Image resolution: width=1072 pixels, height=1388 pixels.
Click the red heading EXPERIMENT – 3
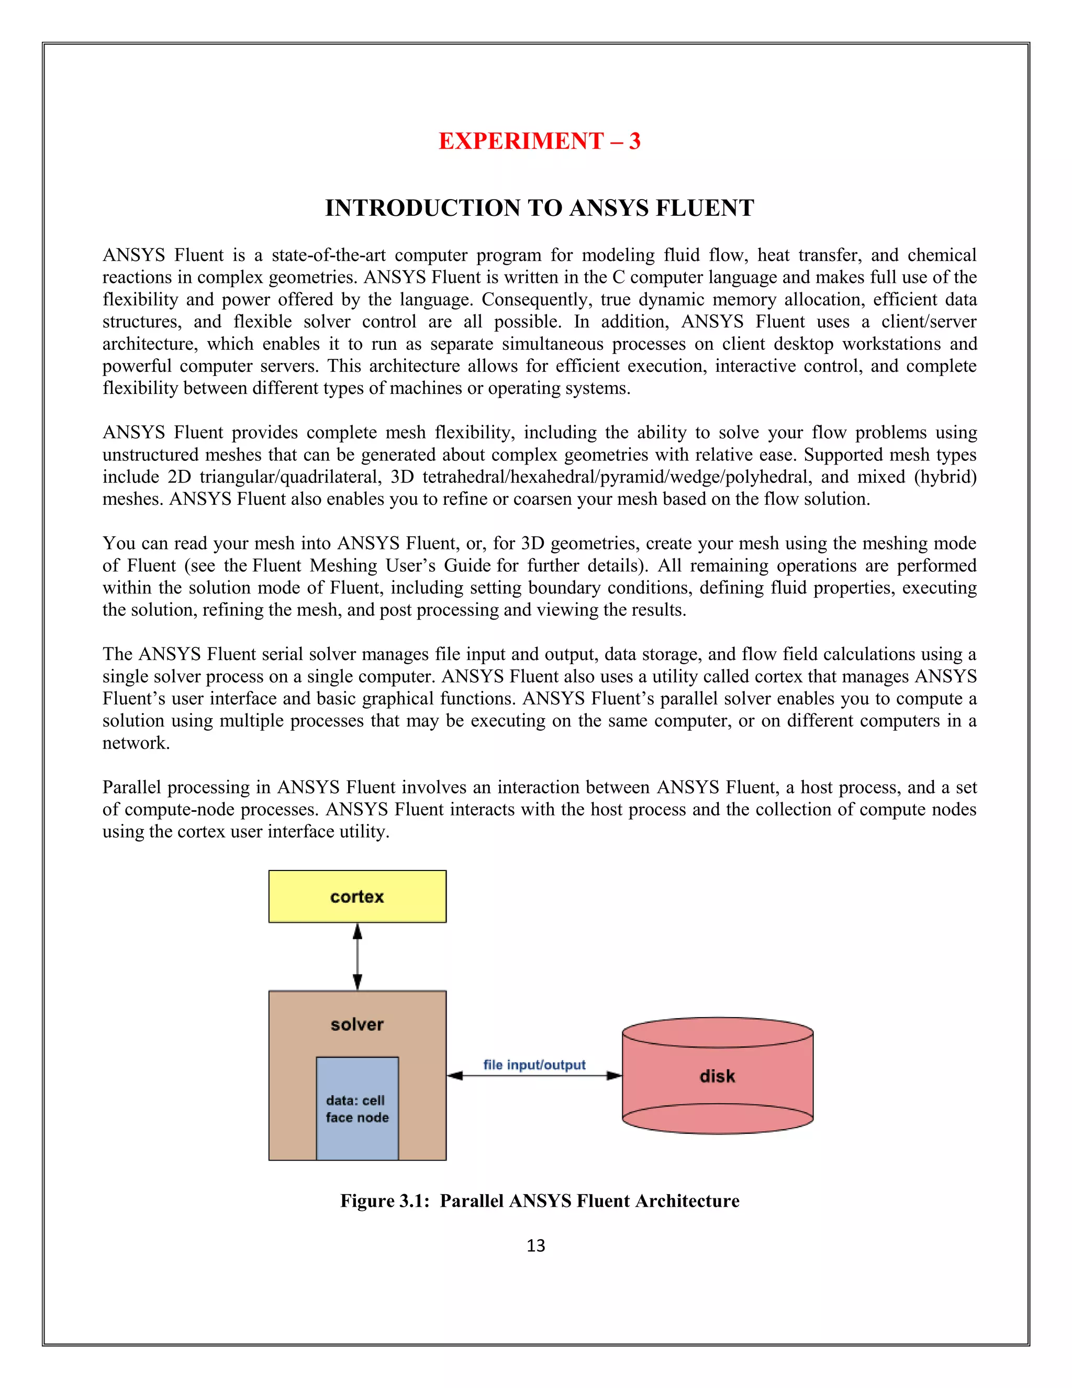point(539,141)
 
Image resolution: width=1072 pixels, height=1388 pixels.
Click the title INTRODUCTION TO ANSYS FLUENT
point(539,208)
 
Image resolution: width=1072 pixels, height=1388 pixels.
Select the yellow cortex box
point(357,896)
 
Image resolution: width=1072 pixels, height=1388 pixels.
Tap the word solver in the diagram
point(357,1024)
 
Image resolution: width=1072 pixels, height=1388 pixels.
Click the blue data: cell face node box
point(357,1108)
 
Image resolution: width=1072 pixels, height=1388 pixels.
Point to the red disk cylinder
point(717,1076)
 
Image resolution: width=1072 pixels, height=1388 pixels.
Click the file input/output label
point(534,1064)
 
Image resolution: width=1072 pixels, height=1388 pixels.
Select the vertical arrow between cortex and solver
point(358,956)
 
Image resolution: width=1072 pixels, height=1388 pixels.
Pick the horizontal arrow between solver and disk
point(534,1076)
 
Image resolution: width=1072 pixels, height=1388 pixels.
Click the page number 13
point(535,1246)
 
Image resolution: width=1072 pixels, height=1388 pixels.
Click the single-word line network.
point(136,743)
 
